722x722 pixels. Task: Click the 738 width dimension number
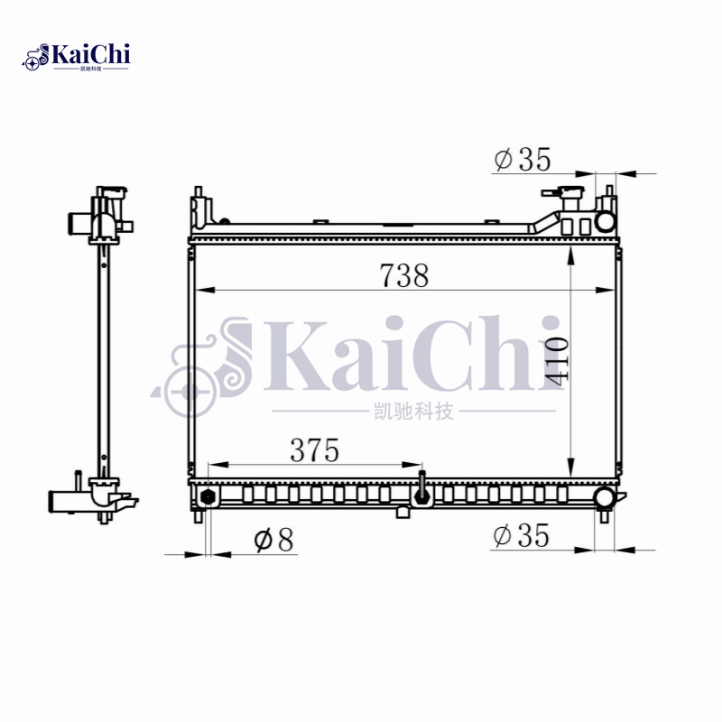coord(403,275)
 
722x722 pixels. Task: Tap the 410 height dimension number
coord(556,361)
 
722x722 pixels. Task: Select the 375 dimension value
coord(314,449)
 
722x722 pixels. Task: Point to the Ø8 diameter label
coord(273,540)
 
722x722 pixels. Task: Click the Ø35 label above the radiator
coord(522,160)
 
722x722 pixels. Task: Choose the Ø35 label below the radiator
coord(521,535)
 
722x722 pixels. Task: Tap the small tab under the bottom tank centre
coord(403,512)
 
